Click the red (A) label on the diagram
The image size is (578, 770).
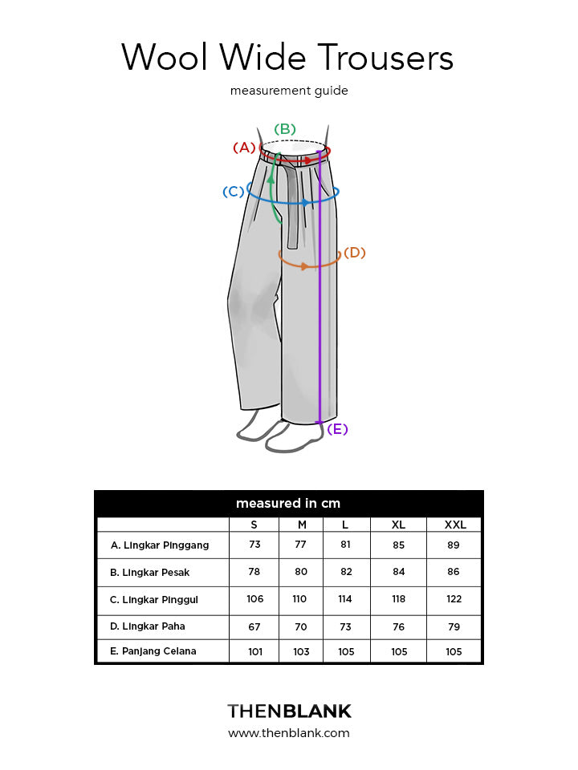point(244,148)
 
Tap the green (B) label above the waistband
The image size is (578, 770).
point(285,129)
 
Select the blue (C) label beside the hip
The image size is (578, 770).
point(234,192)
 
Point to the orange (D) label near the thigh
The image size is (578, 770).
point(354,253)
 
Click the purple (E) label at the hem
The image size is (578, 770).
point(337,429)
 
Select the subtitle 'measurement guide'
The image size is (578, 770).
point(289,91)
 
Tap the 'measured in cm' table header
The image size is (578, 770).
point(288,504)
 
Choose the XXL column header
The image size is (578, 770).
point(455,525)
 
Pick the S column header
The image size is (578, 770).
point(254,525)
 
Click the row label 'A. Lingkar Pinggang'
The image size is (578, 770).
point(160,545)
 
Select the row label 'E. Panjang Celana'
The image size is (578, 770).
point(153,651)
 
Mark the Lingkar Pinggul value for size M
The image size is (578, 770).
point(301,599)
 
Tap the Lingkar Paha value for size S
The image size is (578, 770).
point(254,626)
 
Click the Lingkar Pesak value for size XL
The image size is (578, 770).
point(398,573)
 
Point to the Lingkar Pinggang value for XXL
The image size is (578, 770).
point(454,545)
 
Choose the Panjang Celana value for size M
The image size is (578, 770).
point(301,651)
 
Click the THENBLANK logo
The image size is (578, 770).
point(289,711)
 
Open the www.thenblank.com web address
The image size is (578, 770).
point(289,733)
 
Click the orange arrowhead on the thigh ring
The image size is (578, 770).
point(306,265)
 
